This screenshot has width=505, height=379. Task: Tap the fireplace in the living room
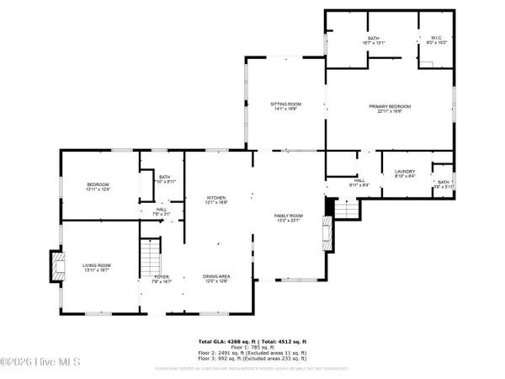[56, 266]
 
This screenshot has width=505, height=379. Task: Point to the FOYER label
[161, 276]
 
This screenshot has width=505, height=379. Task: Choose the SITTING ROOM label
[287, 104]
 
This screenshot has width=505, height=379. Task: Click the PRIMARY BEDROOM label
[390, 106]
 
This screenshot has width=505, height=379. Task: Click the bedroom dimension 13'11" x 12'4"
[98, 189]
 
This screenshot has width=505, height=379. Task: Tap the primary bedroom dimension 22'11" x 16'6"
[390, 111]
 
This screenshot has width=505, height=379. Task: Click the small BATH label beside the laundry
[444, 181]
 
